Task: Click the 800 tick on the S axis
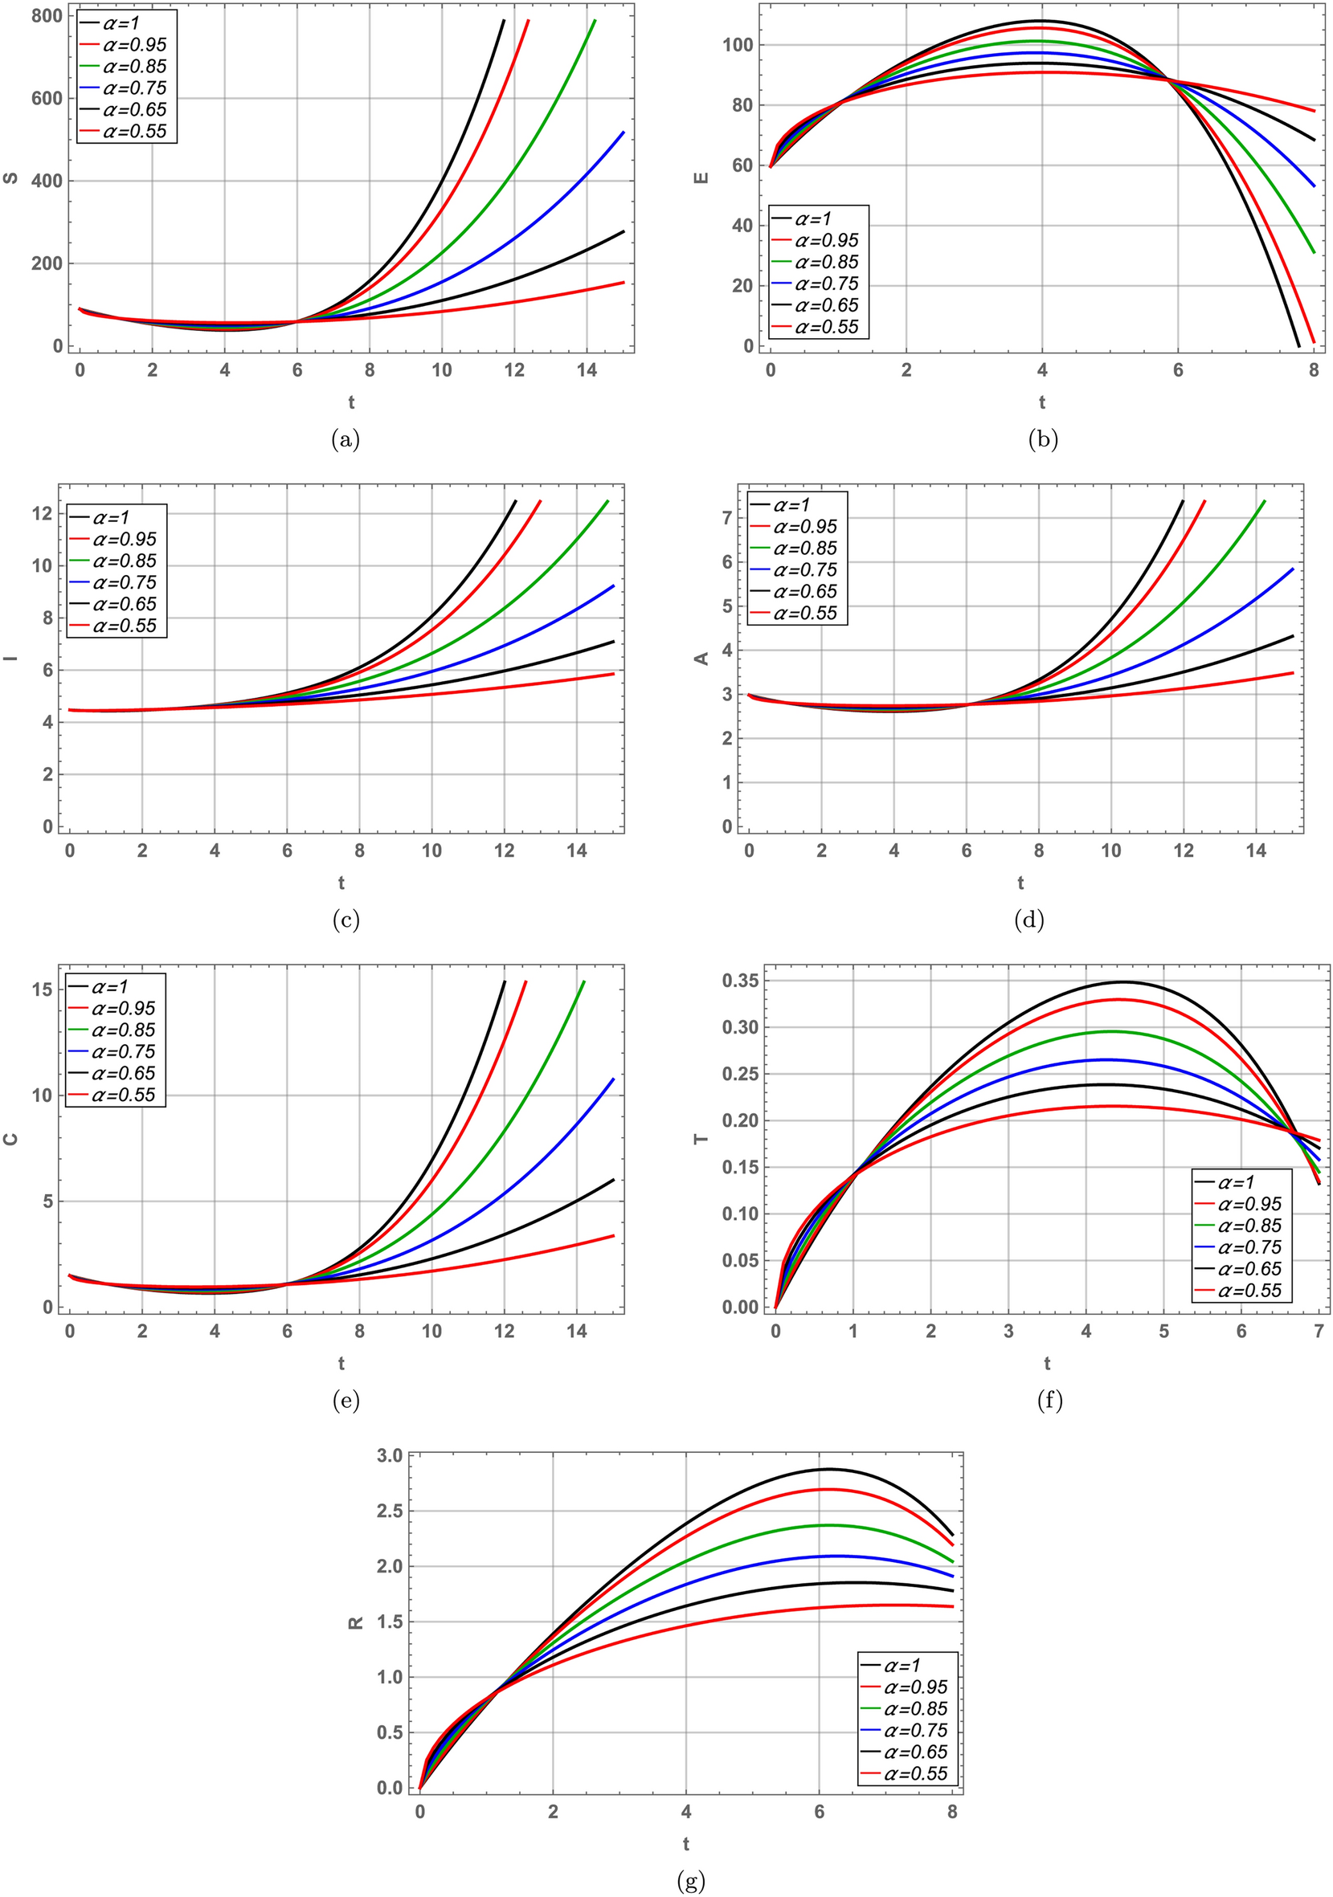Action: (47, 16)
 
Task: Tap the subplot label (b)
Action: (1042, 440)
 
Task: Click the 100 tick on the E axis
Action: (738, 45)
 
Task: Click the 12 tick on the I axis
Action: (42, 513)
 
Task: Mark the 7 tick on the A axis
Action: (727, 518)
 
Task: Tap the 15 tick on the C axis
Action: (42, 989)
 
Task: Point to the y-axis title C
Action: (10, 1140)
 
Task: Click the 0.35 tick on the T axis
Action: (740, 981)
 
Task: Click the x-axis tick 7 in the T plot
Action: (1319, 1331)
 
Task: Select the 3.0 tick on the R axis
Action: (389, 1456)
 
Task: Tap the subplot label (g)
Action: (691, 1882)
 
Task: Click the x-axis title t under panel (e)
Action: (341, 1363)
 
